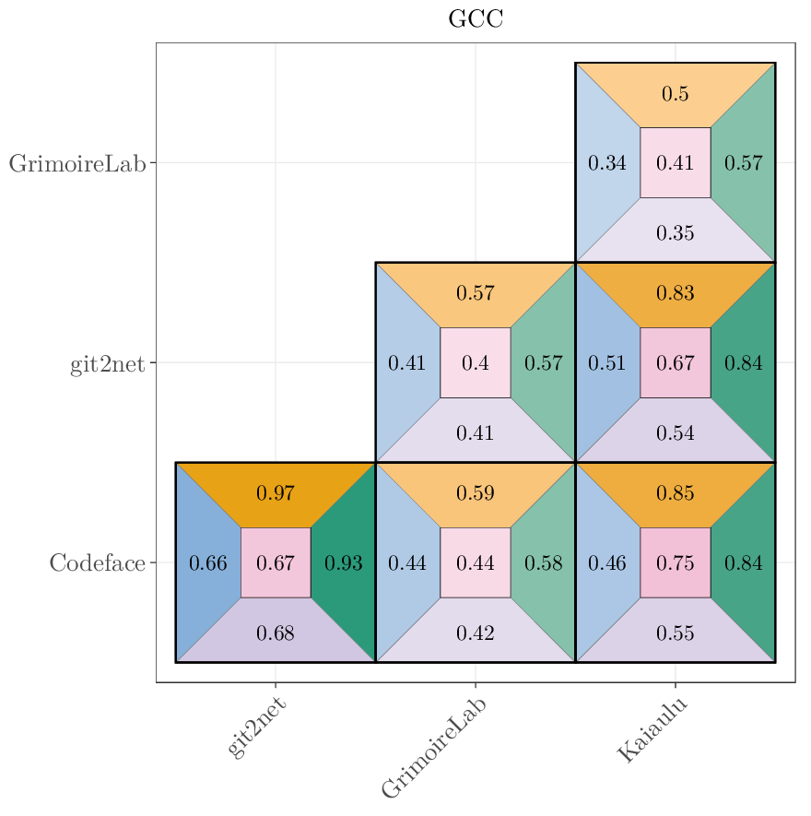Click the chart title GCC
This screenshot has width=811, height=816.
[476, 19]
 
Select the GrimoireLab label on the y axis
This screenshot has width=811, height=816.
[77, 164]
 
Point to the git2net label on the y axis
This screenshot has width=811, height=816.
[108, 364]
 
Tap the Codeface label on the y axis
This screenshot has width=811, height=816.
[98, 563]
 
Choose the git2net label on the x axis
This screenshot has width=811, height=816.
[256, 728]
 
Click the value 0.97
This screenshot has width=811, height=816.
[276, 493]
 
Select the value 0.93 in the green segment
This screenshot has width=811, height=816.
[344, 563]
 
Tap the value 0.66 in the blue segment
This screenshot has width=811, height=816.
[207, 563]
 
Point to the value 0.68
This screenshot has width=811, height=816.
[276, 633]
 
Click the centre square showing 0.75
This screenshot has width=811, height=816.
[676, 563]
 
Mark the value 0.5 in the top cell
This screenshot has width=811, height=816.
[676, 94]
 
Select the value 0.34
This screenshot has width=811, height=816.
[607, 164]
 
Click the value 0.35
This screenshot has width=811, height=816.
[676, 233]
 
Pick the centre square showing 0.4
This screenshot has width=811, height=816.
[476, 363]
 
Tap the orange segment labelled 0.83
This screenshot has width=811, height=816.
[676, 293]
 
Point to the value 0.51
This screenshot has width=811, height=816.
[607, 363]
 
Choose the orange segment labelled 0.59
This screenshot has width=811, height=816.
[476, 493]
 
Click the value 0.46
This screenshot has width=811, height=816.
[607, 563]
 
